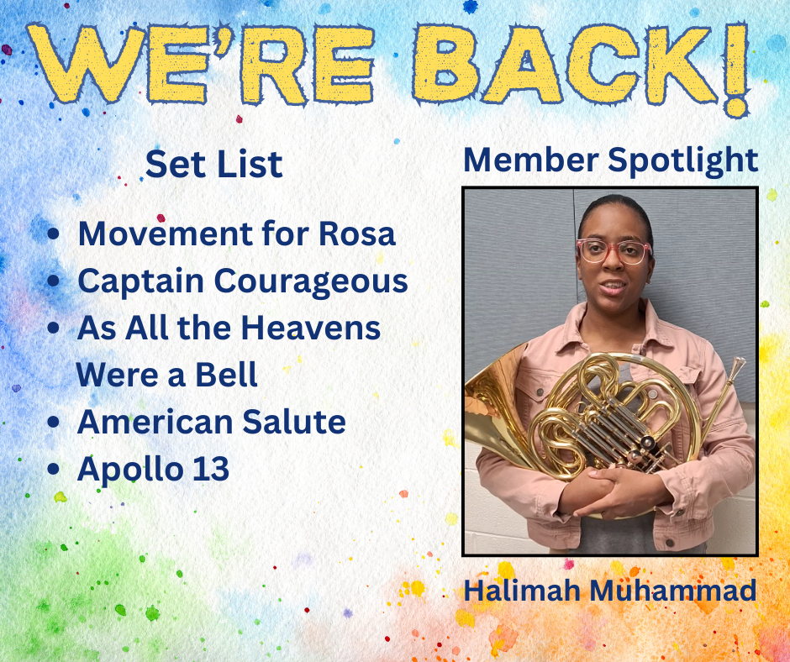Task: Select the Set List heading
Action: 213,165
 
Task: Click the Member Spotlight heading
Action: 611,160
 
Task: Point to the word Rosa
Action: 357,234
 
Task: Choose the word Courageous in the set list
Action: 311,281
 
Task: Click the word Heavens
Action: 310,328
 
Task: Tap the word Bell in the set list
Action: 226,375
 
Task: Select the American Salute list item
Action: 211,422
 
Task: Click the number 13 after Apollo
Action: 210,469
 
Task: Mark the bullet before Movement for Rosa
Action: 54,234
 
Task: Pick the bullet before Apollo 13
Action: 54,469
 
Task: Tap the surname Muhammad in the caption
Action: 672,590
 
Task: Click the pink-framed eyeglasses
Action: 614,251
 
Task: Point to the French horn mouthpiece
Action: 737,366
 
